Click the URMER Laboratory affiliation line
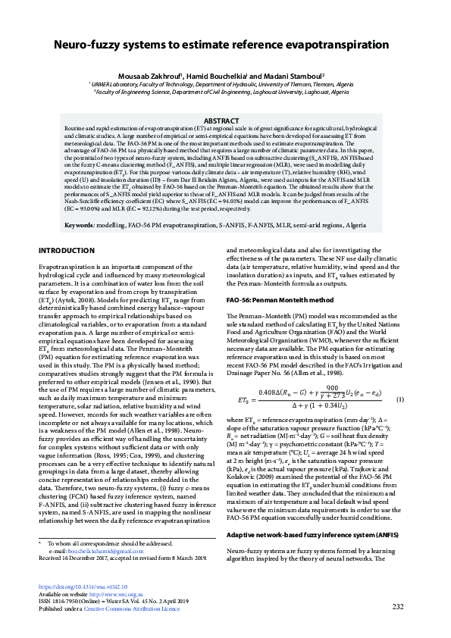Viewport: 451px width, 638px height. [x=224, y=84]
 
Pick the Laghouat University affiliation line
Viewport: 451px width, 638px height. [x=224, y=91]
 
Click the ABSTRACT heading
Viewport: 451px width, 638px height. [x=224, y=121]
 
